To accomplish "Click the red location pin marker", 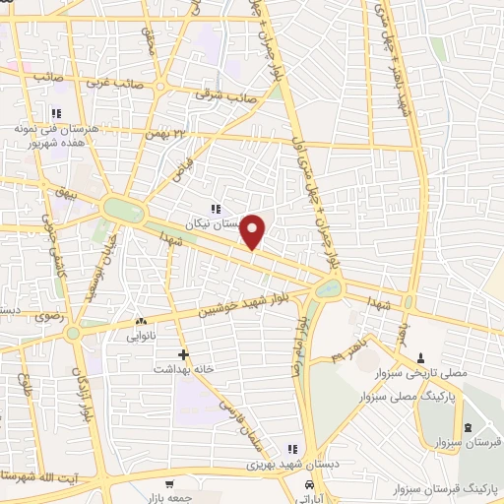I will (254, 231).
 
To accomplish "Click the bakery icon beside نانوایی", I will (141, 321).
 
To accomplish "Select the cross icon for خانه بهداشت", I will (183, 353).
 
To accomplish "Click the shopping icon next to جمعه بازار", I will (169, 483).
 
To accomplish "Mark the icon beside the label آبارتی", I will (310, 486).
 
